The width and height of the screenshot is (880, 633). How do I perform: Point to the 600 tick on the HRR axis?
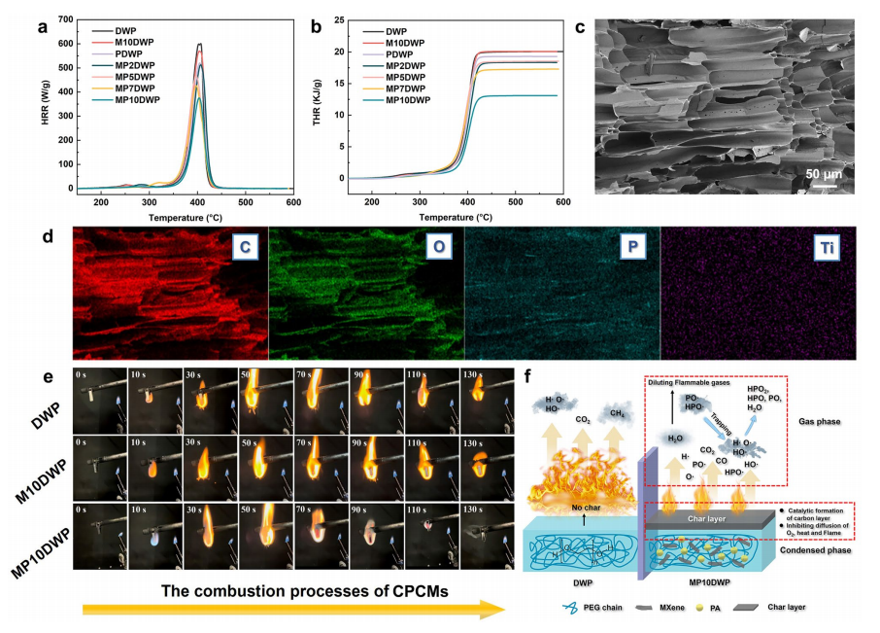pyautogui.click(x=63, y=44)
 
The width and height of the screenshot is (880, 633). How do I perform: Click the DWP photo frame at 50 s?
pyautogui.click(x=263, y=400)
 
